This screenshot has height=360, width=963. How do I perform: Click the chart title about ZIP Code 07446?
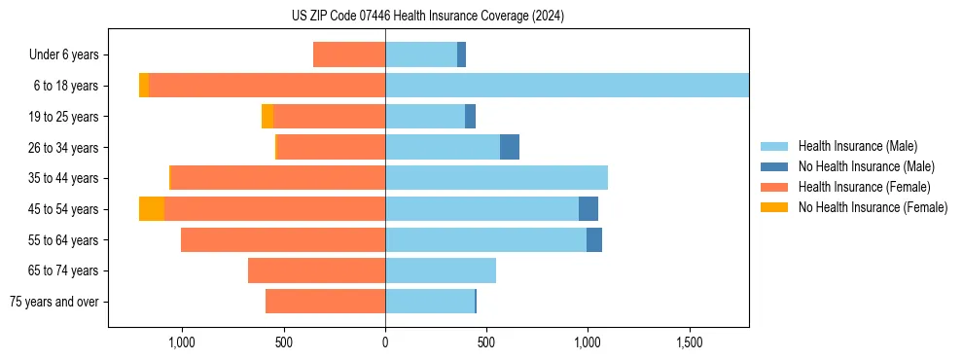point(427,17)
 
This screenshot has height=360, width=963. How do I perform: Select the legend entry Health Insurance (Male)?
point(857,146)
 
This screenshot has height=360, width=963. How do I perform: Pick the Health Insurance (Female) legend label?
point(865,187)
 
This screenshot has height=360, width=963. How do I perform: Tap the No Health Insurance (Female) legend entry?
point(873,207)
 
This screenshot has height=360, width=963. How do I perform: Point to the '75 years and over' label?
point(54,302)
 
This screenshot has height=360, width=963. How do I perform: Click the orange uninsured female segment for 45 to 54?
point(152,209)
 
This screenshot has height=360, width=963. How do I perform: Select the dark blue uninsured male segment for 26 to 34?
point(510,147)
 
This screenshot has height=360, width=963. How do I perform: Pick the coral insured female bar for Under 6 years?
point(349,54)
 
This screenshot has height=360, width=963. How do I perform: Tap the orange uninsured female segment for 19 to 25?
point(267,117)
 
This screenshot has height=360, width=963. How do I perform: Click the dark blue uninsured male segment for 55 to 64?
point(594,240)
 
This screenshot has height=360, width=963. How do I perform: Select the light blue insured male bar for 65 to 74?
point(441,270)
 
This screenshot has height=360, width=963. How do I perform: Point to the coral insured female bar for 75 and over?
point(325,302)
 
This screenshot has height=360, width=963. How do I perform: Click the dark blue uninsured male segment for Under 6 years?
point(461,54)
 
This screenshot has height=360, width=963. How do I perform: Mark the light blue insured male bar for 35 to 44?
point(496,178)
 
